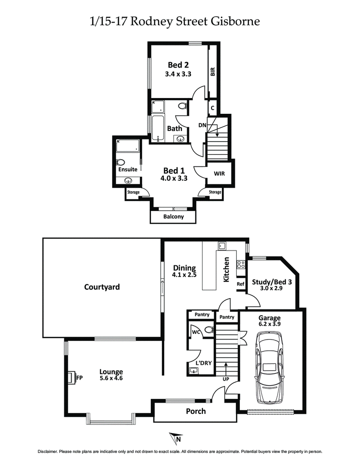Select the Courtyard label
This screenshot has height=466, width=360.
coord(102,287)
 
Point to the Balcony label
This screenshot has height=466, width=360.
coord(173,216)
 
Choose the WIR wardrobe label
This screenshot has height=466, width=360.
coord(219,173)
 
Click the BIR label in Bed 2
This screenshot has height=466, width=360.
coord(213,72)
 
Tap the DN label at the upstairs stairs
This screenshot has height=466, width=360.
coord(202,125)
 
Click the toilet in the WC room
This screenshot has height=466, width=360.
coord(208,330)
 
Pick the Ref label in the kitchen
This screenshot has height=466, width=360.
coord(240,284)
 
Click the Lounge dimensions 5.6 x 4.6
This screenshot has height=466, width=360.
coord(111,378)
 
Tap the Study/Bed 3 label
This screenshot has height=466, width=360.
coord(272,282)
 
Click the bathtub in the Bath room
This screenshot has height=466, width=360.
coord(157,129)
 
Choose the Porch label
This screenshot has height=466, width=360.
coord(196,411)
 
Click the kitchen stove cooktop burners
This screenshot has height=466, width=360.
coord(241,265)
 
